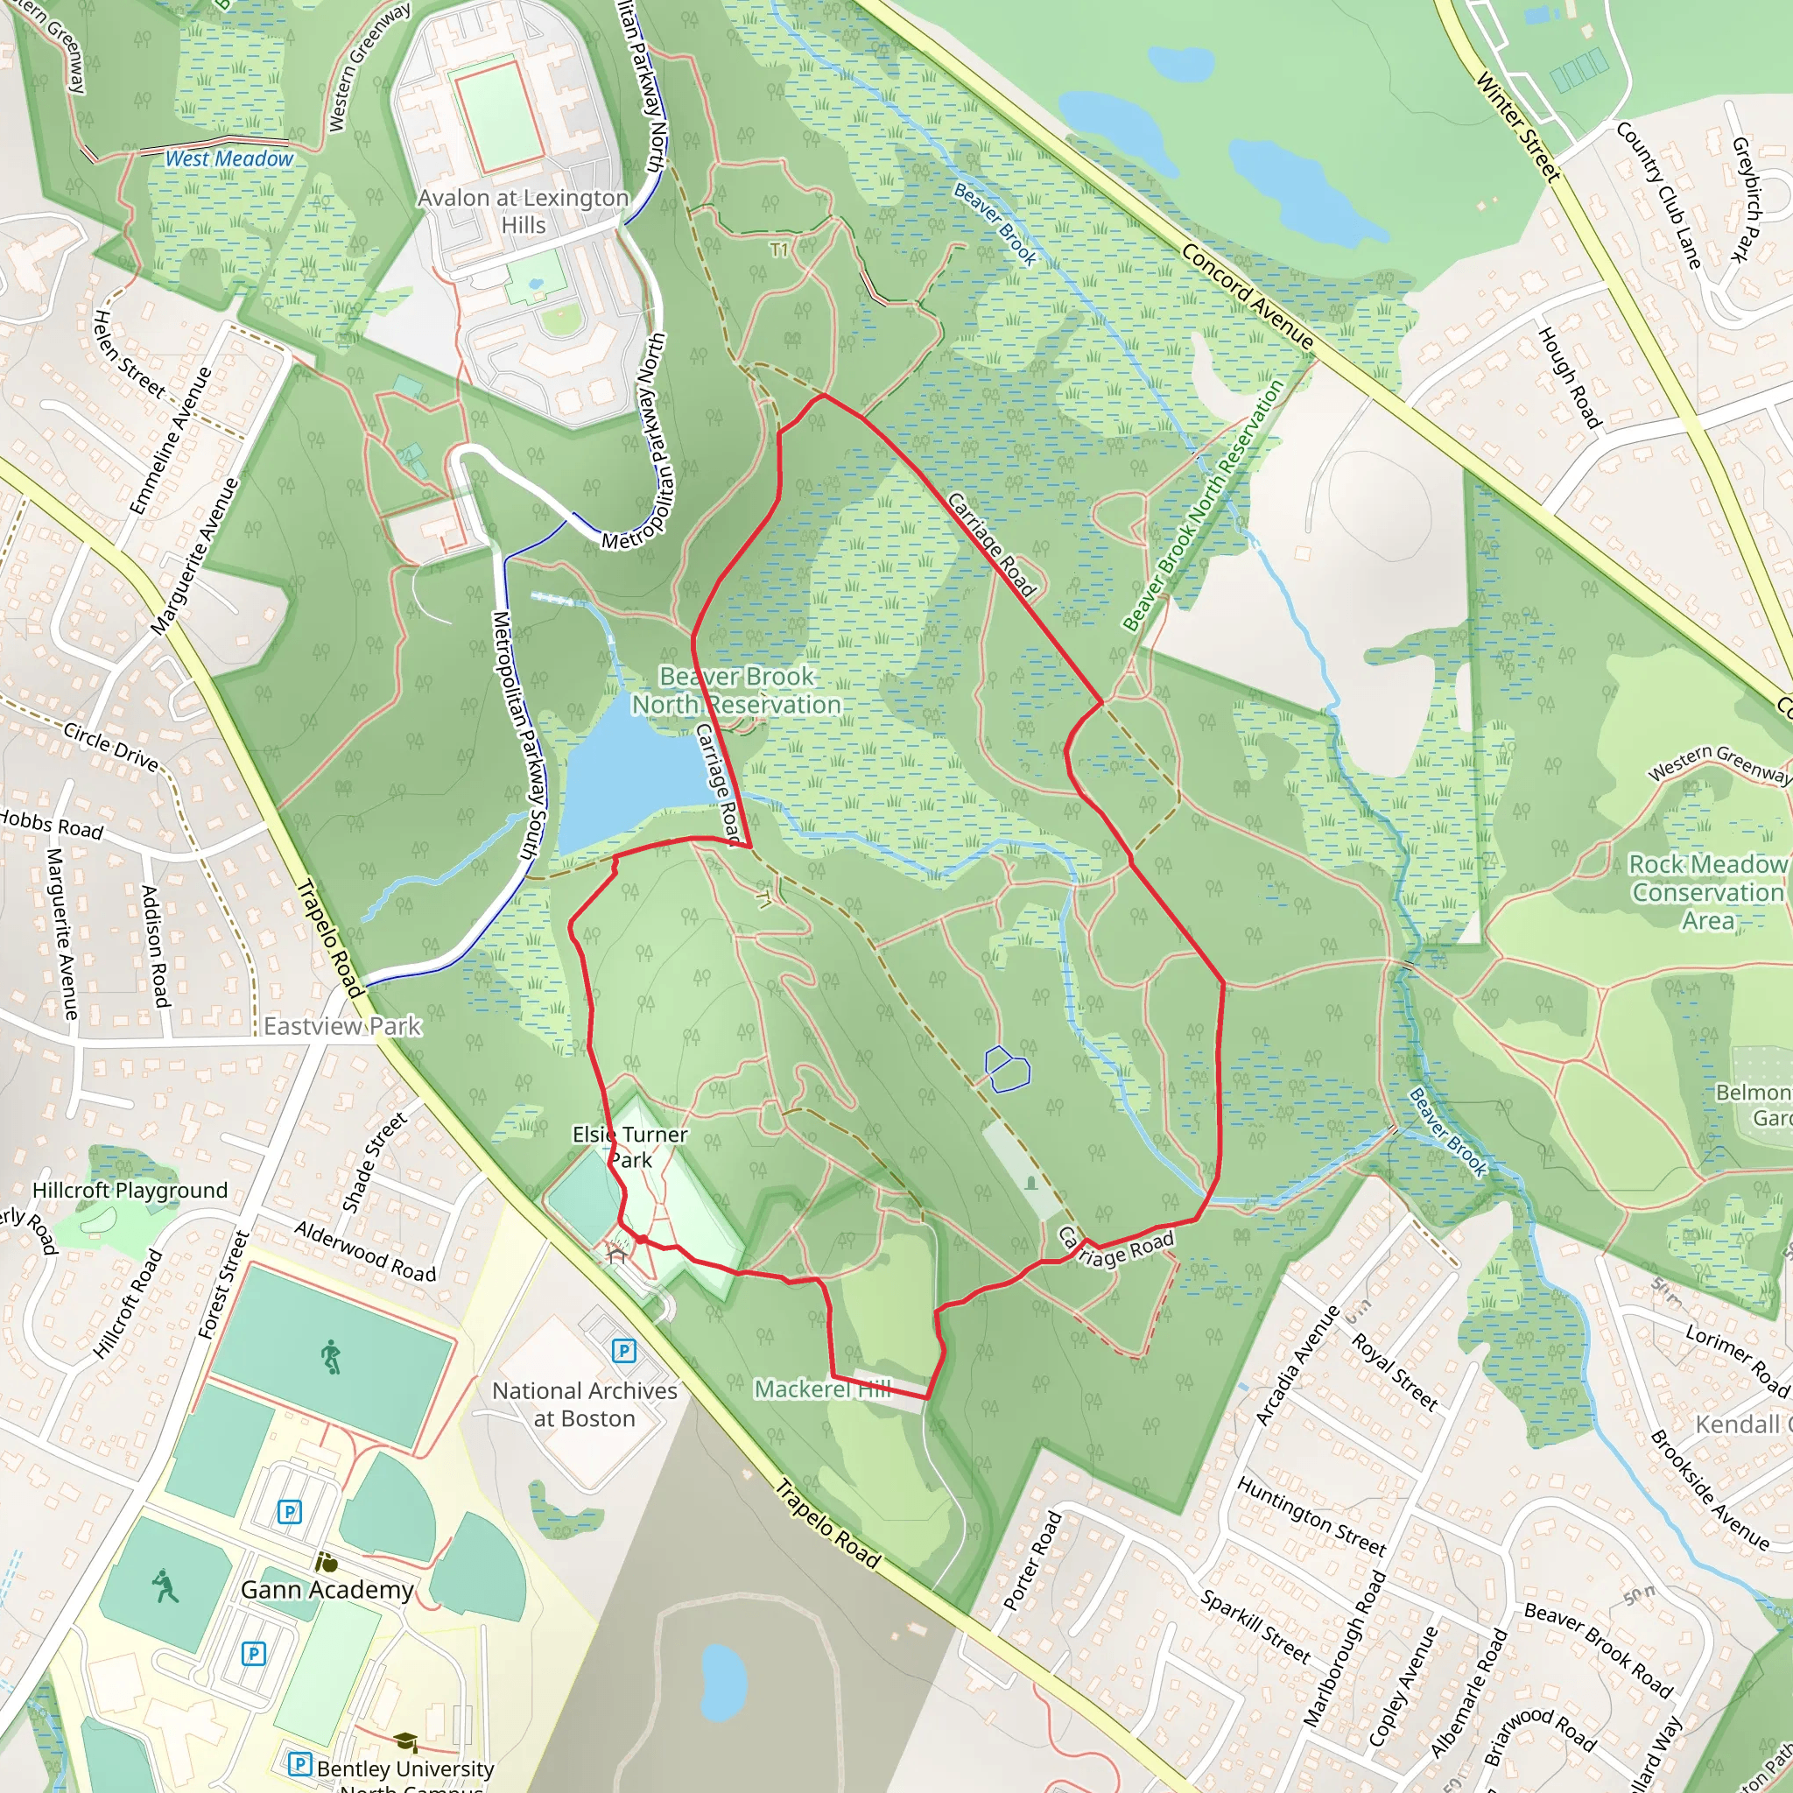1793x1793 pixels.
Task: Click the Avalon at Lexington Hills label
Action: coord(523,212)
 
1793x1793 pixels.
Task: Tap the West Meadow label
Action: coord(229,158)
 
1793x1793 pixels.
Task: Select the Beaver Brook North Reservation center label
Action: coord(736,691)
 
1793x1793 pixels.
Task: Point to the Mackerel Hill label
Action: coord(822,1389)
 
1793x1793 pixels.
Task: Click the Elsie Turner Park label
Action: coord(630,1147)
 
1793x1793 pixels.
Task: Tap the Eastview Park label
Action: coord(342,1026)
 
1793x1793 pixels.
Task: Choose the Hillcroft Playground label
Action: coord(130,1191)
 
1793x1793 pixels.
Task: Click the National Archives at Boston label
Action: coord(585,1404)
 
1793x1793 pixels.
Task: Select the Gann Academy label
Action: coord(327,1590)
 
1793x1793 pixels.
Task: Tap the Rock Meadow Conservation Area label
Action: coord(1707,892)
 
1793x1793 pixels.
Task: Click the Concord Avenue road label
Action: coord(1248,296)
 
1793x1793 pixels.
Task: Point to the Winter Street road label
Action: coord(1517,126)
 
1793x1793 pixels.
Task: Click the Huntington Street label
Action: coord(1311,1515)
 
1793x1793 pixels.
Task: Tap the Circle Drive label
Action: coord(111,746)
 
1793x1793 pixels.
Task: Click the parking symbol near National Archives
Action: coord(624,1351)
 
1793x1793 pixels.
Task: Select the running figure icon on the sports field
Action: coord(331,1358)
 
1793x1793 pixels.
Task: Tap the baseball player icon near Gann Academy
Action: coord(166,1586)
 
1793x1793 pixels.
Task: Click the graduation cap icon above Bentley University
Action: coord(404,1741)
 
